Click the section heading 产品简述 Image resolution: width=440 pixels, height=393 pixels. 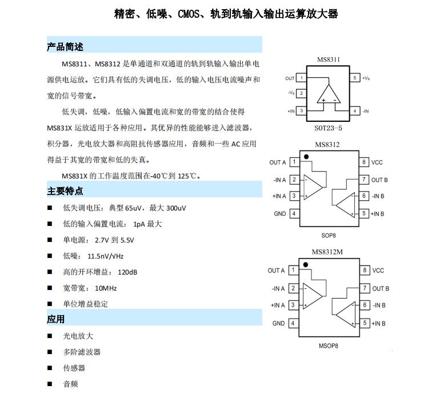coord(65,47)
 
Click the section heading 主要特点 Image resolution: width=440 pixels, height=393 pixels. coord(65,191)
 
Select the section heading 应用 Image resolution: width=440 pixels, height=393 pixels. coord(56,319)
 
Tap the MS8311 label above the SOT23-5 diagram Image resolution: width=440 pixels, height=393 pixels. coord(329,59)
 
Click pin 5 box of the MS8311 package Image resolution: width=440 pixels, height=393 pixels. coord(355,78)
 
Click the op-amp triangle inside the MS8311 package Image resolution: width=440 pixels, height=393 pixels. coord(329,96)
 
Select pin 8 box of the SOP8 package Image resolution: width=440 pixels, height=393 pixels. coord(363,162)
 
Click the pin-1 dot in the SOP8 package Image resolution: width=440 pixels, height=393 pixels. coord(306,156)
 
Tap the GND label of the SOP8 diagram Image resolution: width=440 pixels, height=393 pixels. coord(279,214)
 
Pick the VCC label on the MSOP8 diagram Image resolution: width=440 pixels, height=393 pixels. coord(378,271)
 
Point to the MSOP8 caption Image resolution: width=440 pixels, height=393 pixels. coord(329,346)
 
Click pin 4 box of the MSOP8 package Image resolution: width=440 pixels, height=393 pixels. coord(294,323)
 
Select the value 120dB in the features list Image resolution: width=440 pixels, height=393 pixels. coord(127,272)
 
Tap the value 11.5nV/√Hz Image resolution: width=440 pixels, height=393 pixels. coord(106,256)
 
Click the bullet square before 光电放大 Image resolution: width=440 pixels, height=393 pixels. coord(50,336)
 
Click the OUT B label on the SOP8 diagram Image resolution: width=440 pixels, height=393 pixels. coord(379,180)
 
